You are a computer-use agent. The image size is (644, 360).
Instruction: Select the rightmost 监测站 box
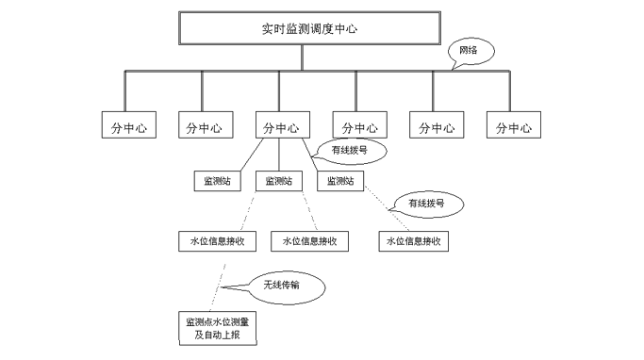[340, 181]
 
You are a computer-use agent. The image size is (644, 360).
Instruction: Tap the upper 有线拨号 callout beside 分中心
[350, 149]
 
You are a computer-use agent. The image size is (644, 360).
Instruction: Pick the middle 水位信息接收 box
[309, 241]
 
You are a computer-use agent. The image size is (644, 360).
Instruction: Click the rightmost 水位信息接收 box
[413, 241]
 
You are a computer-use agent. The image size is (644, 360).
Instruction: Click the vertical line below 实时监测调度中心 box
[301, 57]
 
